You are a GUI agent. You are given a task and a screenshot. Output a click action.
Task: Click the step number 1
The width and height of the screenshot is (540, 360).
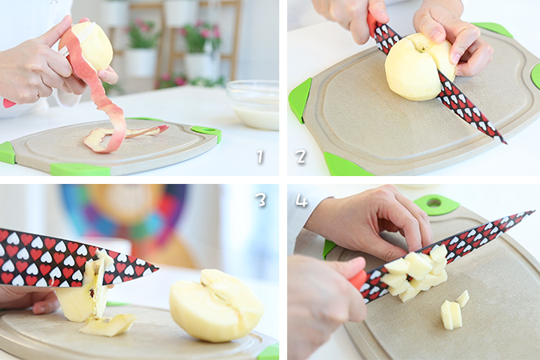tap(260, 157)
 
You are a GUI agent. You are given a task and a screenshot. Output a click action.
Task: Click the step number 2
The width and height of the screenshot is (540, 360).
tap(300, 157)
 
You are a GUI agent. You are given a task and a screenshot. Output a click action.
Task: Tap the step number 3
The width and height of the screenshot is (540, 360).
tap(261, 199)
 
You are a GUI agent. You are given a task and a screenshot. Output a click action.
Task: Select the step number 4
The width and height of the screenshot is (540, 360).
tap(302, 201)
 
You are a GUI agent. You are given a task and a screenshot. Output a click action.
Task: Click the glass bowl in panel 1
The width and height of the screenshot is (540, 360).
tap(253, 105)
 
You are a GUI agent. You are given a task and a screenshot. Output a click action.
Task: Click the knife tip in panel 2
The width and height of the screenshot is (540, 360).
tap(506, 142)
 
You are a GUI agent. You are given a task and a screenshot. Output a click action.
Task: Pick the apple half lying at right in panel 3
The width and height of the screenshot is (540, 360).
tap(217, 306)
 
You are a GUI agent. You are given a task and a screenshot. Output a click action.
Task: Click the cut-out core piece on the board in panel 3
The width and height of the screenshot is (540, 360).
tap(107, 325)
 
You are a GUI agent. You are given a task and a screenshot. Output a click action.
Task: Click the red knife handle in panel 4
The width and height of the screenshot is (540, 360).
tap(358, 279)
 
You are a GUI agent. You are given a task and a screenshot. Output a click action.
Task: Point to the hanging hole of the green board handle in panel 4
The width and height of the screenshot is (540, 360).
tap(434, 201)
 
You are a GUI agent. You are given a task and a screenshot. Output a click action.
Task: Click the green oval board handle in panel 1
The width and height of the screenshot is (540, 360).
tap(206, 131)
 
